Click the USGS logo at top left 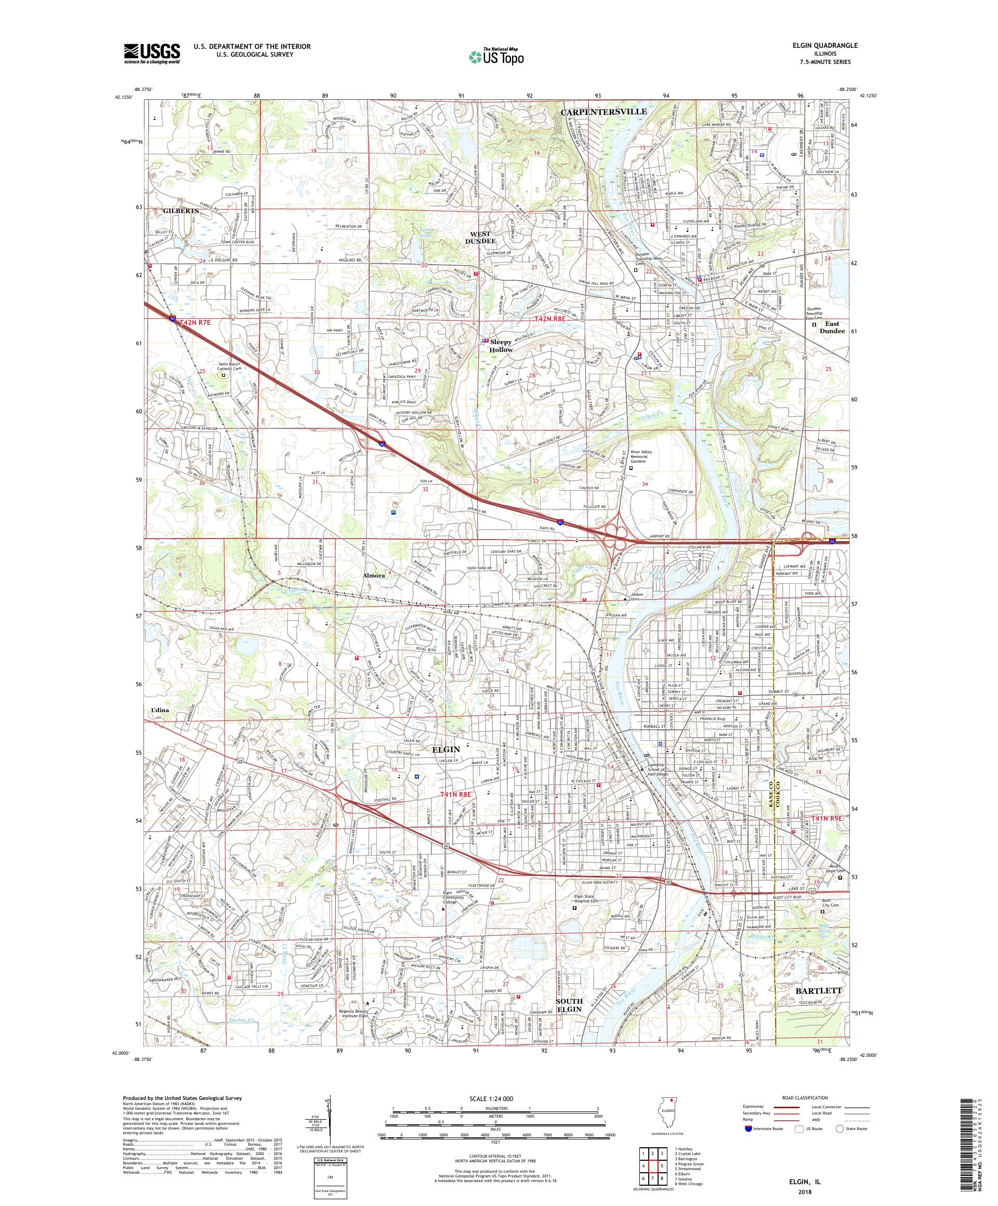[x=152, y=54]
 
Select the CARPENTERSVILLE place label [x=603, y=111]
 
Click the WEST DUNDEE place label [x=481, y=237]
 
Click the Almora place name [x=373, y=575]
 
